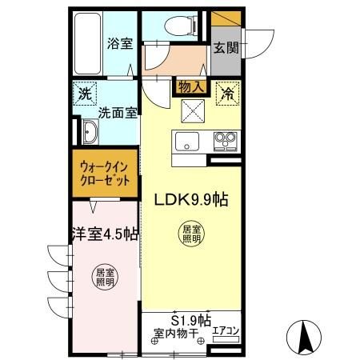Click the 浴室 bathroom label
pyautogui.click(x=119, y=44)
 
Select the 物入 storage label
pyautogui.click(x=190, y=85)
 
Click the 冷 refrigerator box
pyautogui.click(x=226, y=94)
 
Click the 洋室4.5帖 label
pyautogui.click(x=104, y=234)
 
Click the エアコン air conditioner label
pyautogui.click(x=226, y=330)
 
